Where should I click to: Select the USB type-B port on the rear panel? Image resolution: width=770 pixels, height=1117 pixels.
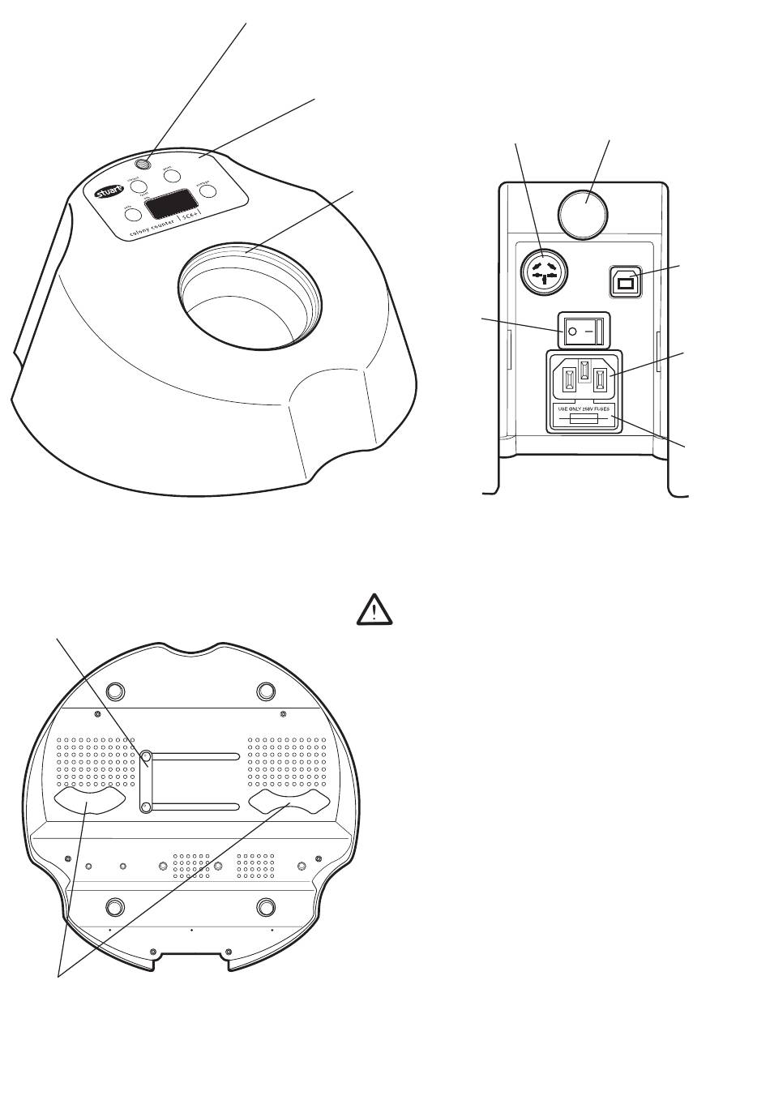tap(627, 281)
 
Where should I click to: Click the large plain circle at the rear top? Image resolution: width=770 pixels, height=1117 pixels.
tap(584, 213)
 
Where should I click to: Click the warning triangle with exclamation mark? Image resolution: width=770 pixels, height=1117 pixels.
tap(374, 610)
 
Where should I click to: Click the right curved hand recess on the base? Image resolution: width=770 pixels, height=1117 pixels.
tap(289, 802)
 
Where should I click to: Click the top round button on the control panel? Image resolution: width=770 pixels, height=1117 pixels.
tap(171, 174)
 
